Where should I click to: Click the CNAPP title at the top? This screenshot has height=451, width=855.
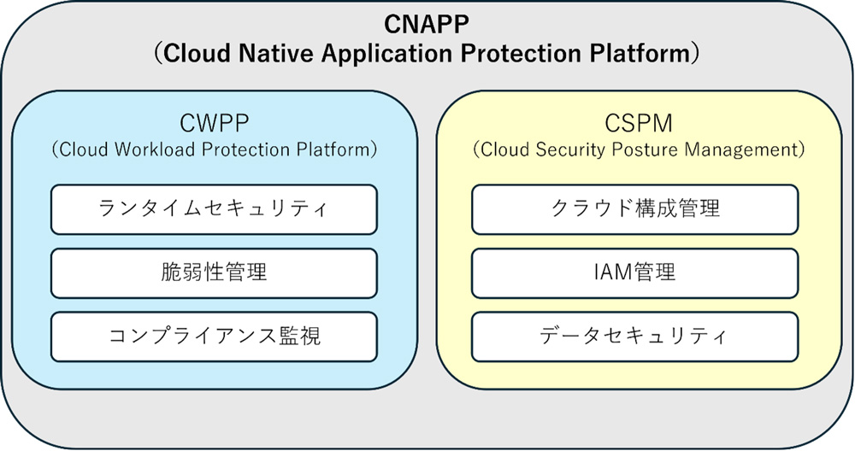427,25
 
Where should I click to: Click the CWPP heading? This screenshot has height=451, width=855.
214,124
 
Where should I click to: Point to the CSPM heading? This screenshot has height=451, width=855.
639,124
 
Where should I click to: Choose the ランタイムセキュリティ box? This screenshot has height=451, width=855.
214,210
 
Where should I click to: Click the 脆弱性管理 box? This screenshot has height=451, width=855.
214,272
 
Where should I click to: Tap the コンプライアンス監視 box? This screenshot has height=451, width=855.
214,337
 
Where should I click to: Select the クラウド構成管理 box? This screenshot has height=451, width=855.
634,210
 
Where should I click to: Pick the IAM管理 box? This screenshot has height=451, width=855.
634,272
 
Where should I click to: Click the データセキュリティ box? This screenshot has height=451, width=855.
634,337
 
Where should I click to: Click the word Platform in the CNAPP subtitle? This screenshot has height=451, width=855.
639,53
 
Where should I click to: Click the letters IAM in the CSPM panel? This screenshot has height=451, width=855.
613,272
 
